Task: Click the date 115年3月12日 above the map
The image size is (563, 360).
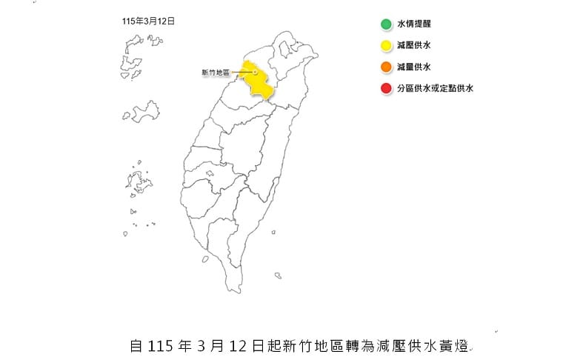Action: [148, 22]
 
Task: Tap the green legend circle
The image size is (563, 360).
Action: [386, 24]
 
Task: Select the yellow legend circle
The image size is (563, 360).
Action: [386, 45]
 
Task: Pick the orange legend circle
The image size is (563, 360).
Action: [386, 67]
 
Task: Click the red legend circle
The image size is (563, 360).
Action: [386, 89]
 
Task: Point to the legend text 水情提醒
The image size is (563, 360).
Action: [413, 24]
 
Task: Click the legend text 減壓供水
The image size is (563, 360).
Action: [413, 45]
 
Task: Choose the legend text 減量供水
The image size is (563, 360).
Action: [413, 67]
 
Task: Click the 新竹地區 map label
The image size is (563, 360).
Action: [216, 73]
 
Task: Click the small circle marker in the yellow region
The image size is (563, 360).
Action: [256, 73]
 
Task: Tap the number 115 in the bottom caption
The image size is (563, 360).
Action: [160, 345]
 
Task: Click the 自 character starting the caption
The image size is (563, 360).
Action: [136, 345]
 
